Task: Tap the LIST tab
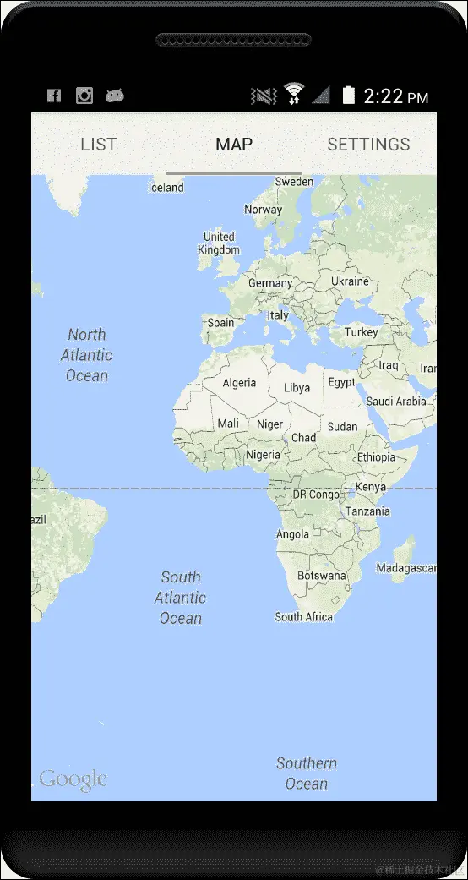point(98,145)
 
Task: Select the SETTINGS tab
point(368,145)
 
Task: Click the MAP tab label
point(234,145)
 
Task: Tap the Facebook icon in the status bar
point(54,96)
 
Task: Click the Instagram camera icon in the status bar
point(84,96)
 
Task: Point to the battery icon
point(348,96)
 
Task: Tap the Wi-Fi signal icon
point(294,94)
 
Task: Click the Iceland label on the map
point(166,188)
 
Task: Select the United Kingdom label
point(219,243)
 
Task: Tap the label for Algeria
point(239,383)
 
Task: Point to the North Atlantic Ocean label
point(87,355)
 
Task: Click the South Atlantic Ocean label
point(180,598)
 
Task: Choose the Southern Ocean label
point(307,773)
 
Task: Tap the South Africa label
point(304,617)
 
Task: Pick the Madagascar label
point(405,568)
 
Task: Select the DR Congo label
point(317,495)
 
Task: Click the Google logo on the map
point(73,779)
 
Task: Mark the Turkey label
point(362,332)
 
